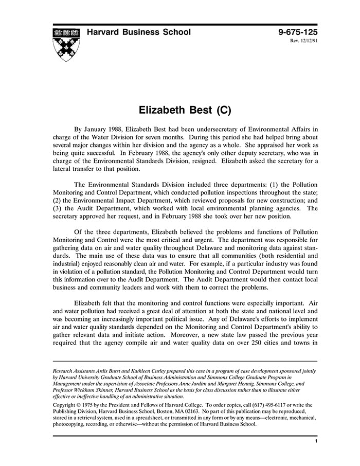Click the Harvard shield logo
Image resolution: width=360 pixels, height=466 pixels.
coord(66,44)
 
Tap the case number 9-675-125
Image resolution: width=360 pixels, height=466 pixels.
coord(298,32)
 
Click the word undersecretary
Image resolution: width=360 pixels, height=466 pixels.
coord(200,129)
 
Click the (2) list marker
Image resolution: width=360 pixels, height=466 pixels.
coord(58,201)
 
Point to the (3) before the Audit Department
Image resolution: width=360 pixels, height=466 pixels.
coord(58,209)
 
